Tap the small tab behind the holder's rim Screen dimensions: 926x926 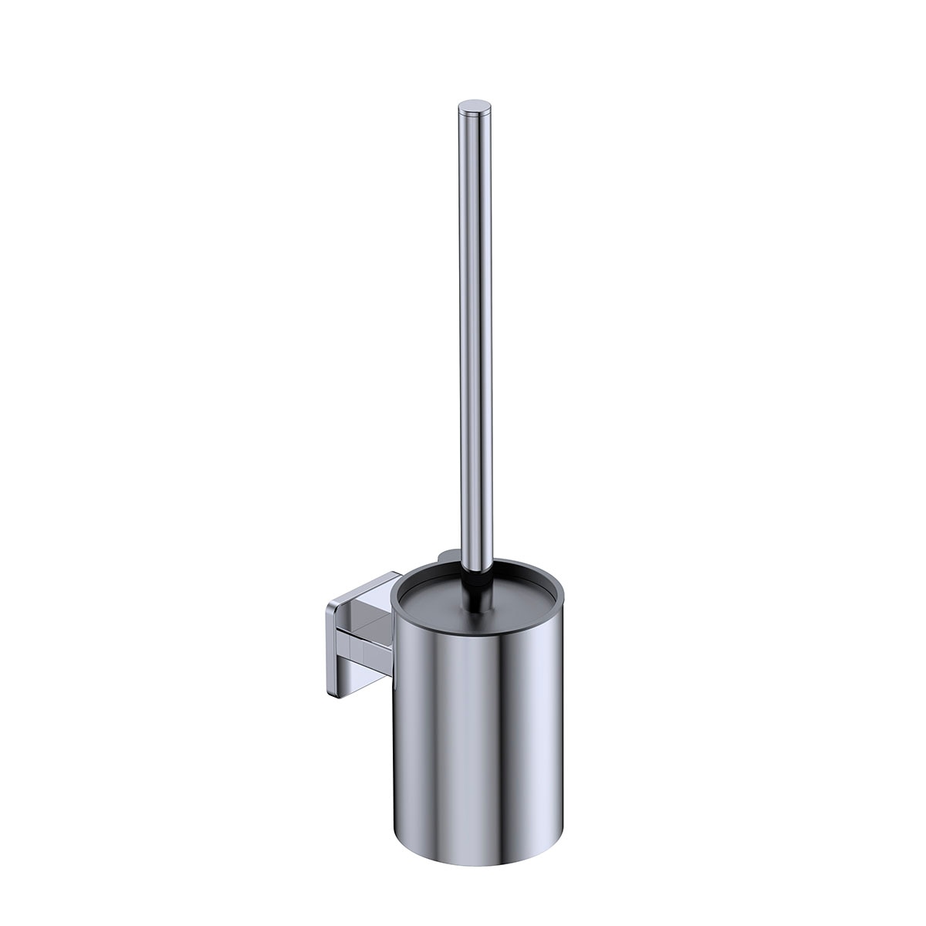tap(446, 554)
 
